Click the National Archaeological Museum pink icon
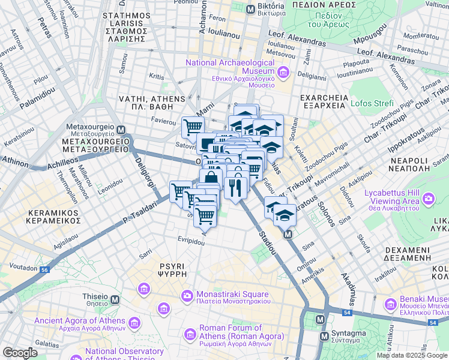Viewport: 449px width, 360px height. pos(283,73)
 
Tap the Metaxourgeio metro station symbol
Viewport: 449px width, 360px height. pos(121,130)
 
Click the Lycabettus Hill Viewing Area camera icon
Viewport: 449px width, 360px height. pos(429,198)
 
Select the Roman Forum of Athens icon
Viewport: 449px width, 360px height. pos(190,332)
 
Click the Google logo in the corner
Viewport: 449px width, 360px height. pos(20,353)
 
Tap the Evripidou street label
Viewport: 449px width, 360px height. pos(191,239)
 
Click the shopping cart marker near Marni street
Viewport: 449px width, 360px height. pos(193,127)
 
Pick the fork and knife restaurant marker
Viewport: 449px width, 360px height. pos(234,187)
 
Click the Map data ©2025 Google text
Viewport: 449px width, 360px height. pos(411,355)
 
